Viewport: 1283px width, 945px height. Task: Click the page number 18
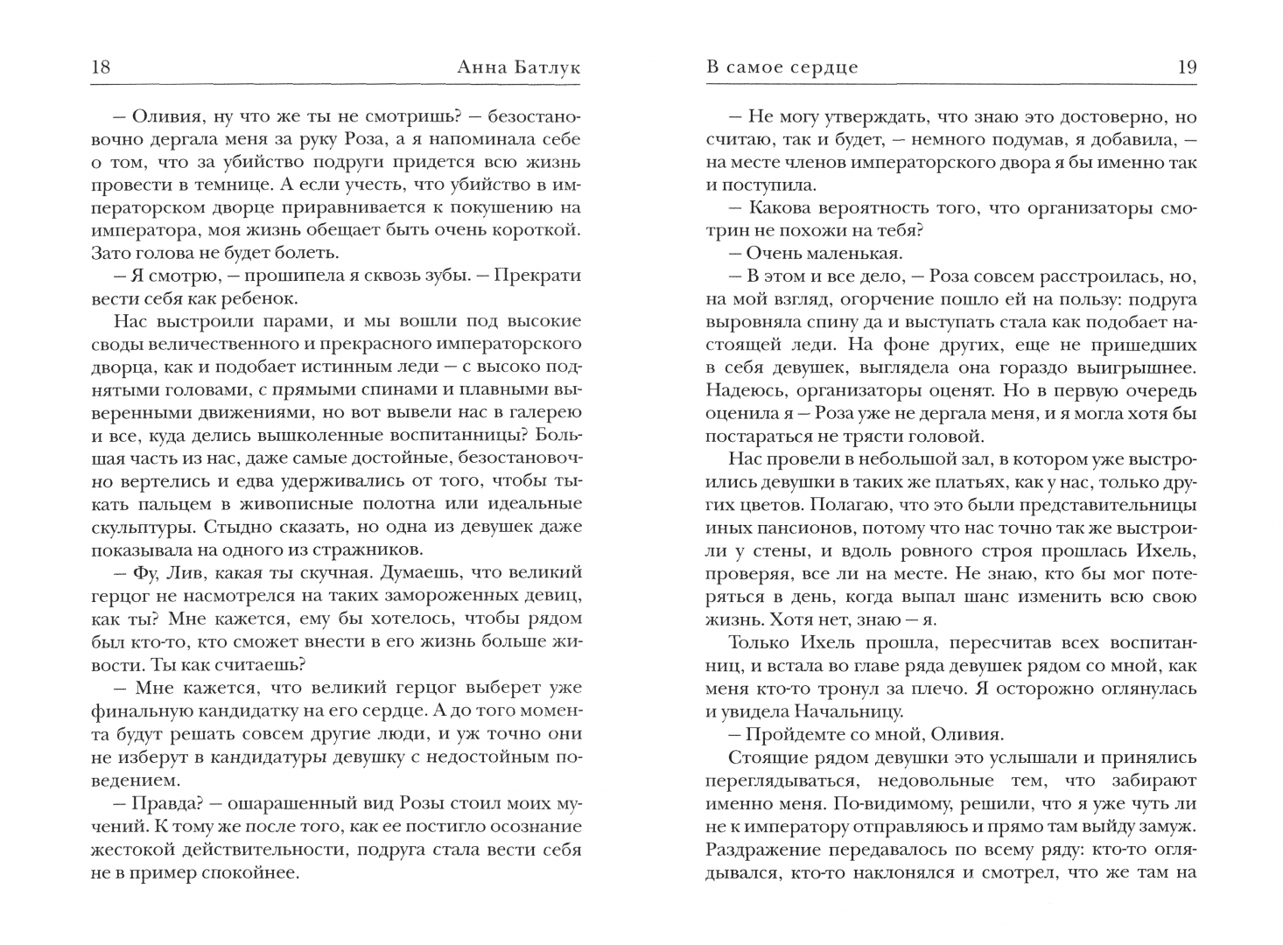(x=101, y=67)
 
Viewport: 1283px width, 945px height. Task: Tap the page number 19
(x=1187, y=67)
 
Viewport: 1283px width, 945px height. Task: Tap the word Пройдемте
(x=800, y=734)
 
